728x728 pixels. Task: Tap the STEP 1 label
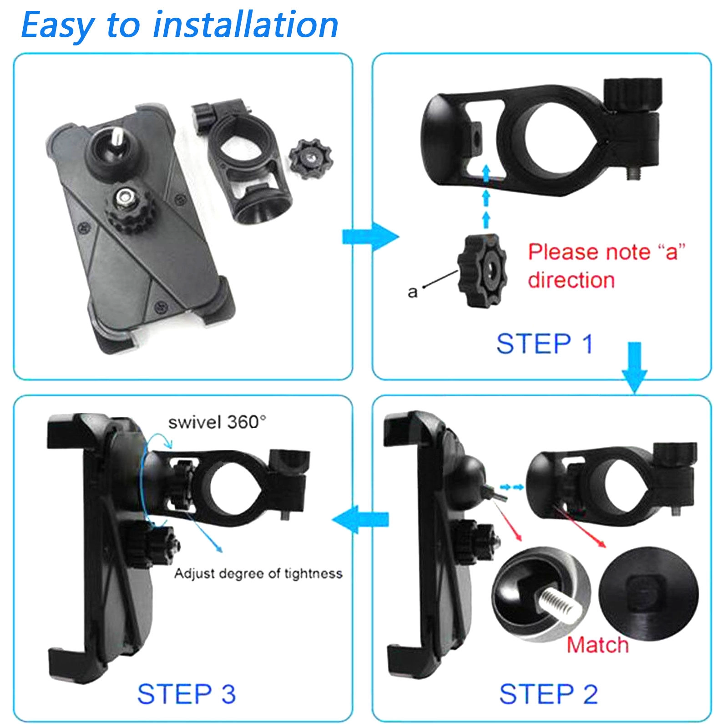coord(545,344)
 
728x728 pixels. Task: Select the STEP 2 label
coord(548,694)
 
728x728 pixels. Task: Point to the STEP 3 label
coord(187,694)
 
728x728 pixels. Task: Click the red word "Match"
coord(597,645)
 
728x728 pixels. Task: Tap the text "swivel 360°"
coord(217,422)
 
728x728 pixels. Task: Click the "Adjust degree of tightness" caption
coord(258,573)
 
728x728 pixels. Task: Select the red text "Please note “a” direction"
coord(607,266)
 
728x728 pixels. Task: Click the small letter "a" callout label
coord(412,292)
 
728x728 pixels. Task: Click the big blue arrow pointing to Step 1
coord(370,237)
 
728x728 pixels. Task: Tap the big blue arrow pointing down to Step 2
coord(634,367)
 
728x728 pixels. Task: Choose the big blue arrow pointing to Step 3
coord(360,519)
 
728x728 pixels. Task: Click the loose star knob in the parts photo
coord(310,159)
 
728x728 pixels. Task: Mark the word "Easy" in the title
coord(57,25)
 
